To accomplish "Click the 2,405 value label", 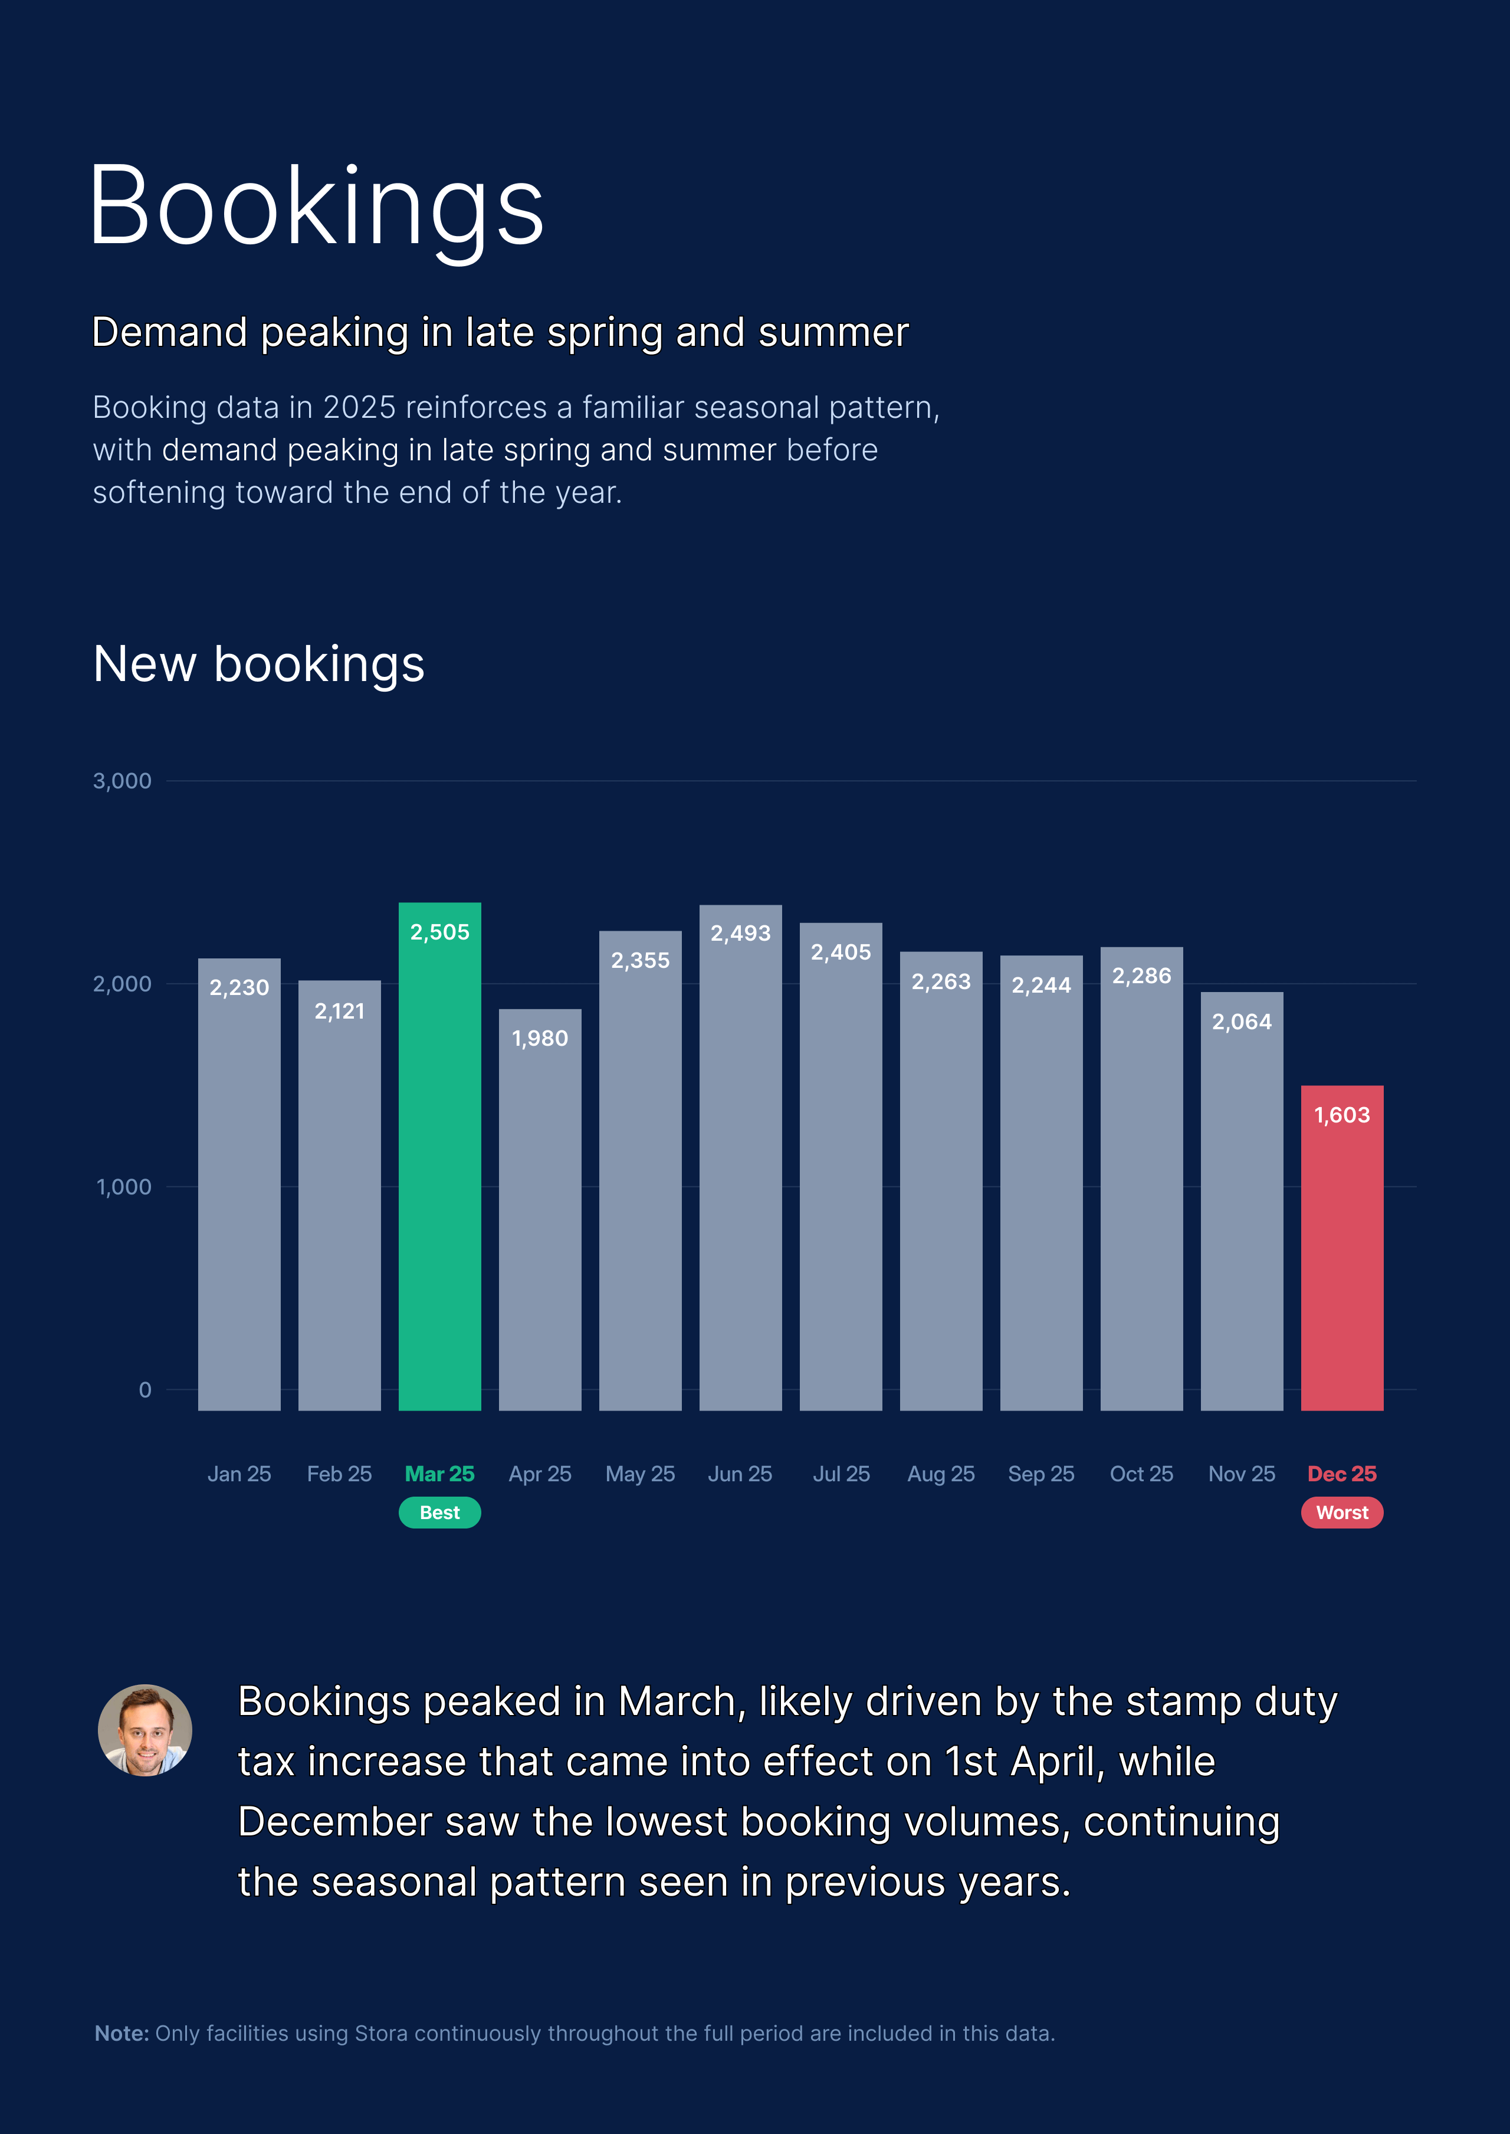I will [x=841, y=953].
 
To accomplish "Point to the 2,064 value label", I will [x=1241, y=1022].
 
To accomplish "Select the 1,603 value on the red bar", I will [x=1342, y=1115].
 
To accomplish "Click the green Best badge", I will [x=440, y=1513].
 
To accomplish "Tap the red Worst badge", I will [x=1342, y=1513].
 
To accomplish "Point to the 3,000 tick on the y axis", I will [x=122, y=781].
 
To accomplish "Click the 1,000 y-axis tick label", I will [x=124, y=1187].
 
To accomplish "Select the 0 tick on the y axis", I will [x=145, y=1390].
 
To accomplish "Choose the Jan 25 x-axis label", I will [x=239, y=1474].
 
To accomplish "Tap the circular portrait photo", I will [x=145, y=1730].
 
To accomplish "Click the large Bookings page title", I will [x=316, y=207].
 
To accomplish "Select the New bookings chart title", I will [x=258, y=664].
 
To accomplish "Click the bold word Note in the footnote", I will [x=121, y=2034].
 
